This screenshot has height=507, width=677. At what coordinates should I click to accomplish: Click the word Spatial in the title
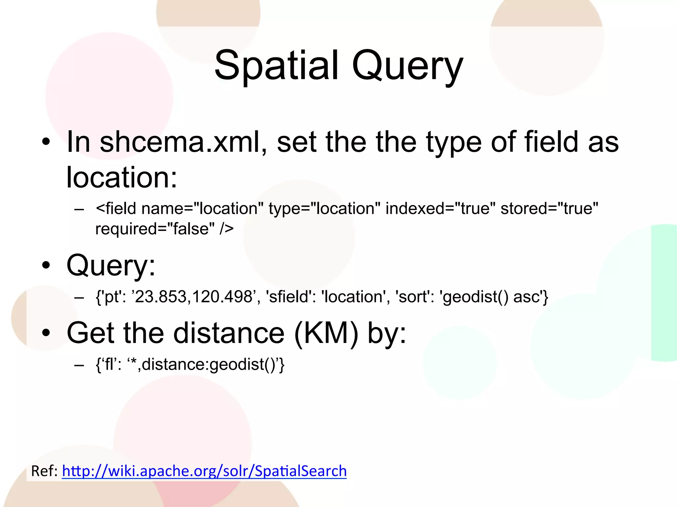276,65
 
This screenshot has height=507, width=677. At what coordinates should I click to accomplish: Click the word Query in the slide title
407,66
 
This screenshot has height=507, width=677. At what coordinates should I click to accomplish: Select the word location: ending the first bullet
122,178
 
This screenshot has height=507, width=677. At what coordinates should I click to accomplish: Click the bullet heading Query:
111,265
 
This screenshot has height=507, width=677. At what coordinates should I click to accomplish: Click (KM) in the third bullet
326,333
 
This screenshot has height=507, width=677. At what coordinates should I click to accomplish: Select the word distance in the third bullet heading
229,333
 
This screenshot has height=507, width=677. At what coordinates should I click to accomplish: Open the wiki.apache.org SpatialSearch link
204,471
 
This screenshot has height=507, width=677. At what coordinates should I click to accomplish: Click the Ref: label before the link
44,471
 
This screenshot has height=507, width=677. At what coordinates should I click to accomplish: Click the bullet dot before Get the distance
46,333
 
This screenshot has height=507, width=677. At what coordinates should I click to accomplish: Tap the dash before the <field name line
79,209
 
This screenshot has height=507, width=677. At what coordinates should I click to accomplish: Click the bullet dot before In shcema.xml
46,142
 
